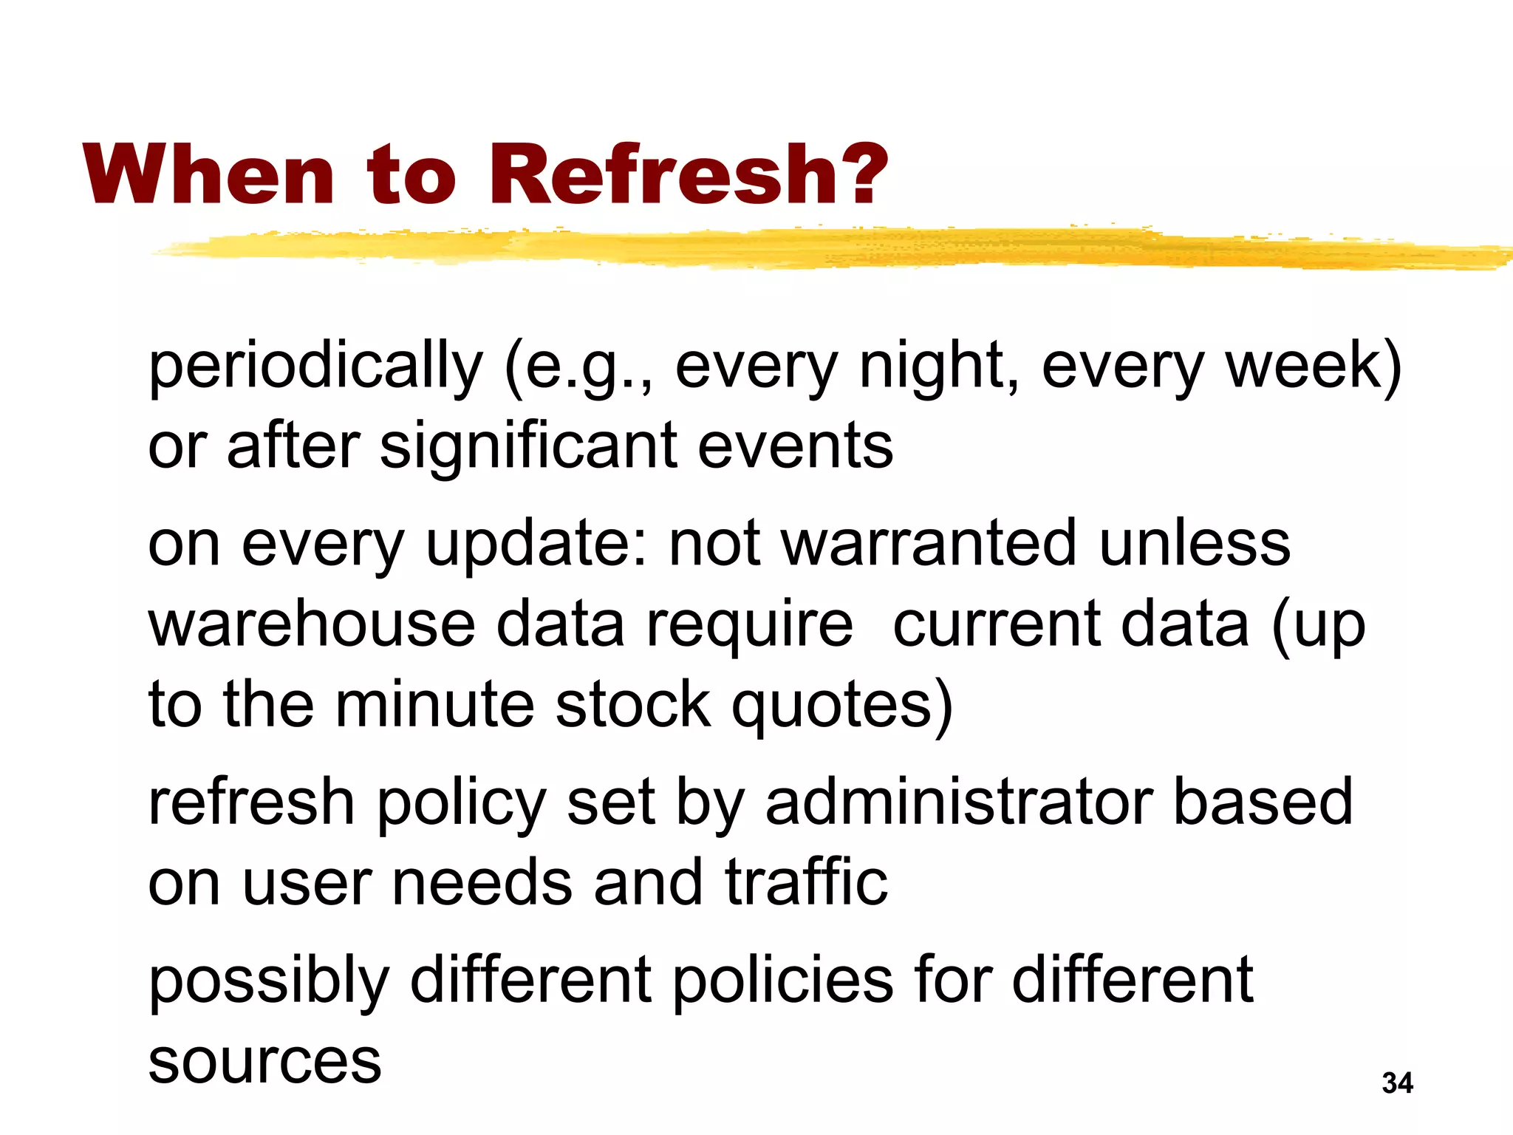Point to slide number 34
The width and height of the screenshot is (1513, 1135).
(x=1397, y=1083)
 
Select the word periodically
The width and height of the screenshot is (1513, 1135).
(x=315, y=367)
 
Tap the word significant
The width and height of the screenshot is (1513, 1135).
(x=527, y=447)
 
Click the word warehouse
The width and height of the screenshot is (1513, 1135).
(x=311, y=624)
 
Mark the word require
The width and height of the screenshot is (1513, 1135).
(x=749, y=626)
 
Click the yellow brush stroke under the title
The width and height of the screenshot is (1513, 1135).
(x=813, y=248)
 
